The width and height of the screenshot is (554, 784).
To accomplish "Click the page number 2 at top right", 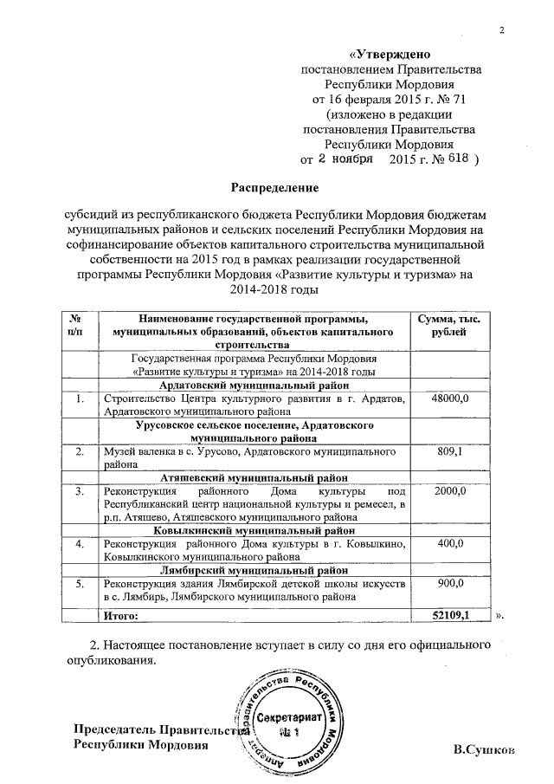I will (501, 33).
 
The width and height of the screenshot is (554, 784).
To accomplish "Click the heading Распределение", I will (274, 187).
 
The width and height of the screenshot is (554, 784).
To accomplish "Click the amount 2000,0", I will (449, 491).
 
